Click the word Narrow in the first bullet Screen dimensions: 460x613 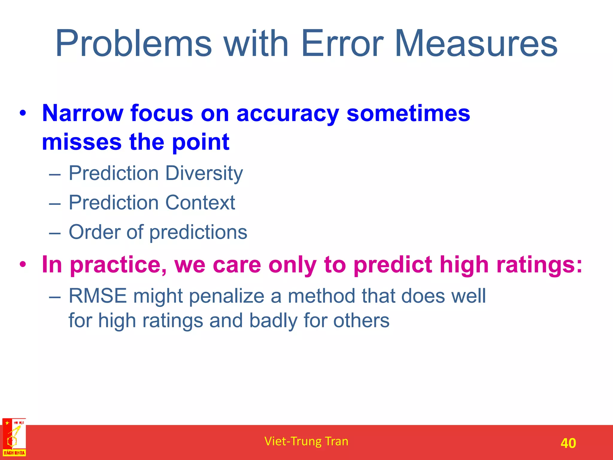tap(83, 114)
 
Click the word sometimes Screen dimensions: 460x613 tap(408, 114)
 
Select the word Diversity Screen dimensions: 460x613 tap(204, 174)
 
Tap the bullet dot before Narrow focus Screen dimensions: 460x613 tap(23, 114)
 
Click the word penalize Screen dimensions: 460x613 tap(227, 296)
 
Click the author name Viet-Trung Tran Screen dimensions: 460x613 tap(306, 441)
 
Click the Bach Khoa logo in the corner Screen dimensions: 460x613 tap(14, 438)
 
